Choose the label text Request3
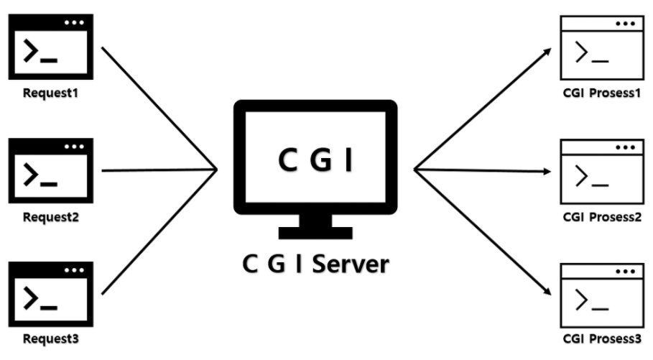pyautogui.click(x=52, y=339)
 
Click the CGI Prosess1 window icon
pyautogui.click(x=602, y=47)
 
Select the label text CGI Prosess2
pyautogui.click(x=602, y=216)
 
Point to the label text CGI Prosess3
pyautogui.click(x=602, y=340)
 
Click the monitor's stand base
pyautogui.click(x=315, y=232)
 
